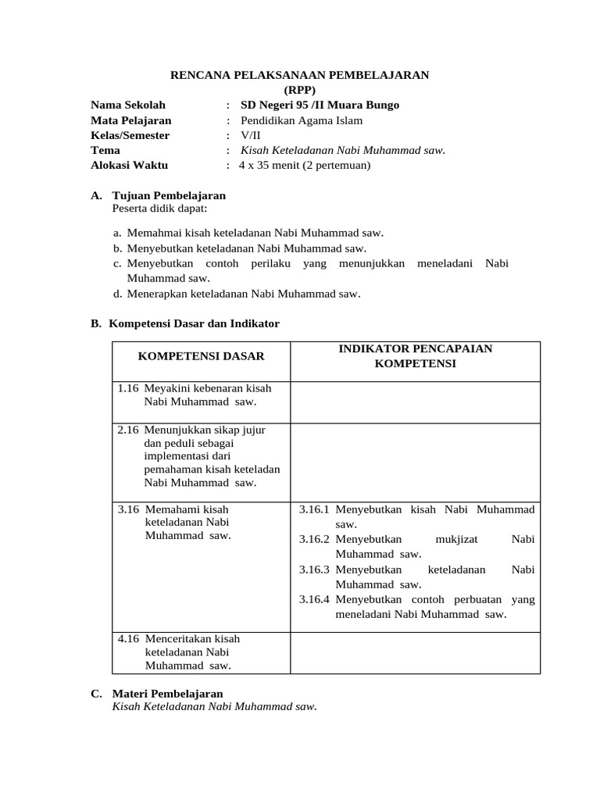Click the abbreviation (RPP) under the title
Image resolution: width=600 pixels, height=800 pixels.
300,90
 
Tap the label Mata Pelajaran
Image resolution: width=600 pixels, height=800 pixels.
130,120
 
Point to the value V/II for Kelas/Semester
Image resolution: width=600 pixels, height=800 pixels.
251,135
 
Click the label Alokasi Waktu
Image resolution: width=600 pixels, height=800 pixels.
129,165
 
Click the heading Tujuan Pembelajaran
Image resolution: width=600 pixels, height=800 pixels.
169,195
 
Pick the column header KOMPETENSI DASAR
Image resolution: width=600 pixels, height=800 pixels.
201,356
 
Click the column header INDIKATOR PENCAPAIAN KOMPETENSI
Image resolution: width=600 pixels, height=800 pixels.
415,356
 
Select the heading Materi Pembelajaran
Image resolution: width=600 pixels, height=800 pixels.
167,693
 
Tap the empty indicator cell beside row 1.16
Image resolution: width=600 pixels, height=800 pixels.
415,402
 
